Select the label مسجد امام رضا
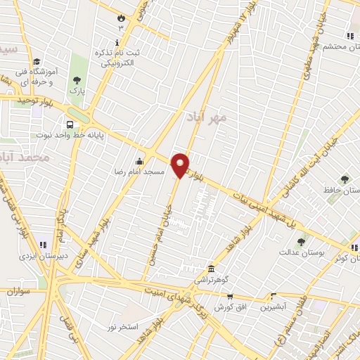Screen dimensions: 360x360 (140, 172)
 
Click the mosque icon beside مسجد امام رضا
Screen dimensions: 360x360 (140, 160)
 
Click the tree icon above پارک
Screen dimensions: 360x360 (77, 79)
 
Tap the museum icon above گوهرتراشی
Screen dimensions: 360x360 (211, 269)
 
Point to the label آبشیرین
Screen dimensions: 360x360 (273, 307)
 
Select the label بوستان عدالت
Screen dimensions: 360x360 (301, 252)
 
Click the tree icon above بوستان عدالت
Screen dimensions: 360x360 (301, 241)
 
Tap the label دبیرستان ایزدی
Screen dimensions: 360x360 (44, 257)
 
